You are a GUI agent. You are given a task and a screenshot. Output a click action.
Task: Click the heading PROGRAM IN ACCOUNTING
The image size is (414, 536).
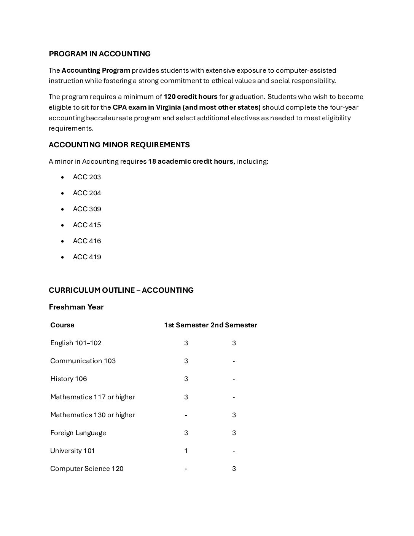(100, 54)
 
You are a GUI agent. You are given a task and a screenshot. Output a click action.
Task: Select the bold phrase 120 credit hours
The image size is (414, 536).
(191, 97)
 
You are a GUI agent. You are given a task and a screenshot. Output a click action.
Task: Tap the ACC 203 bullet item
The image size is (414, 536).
(87, 177)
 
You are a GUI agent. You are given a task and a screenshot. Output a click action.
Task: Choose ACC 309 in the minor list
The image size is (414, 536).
(87, 209)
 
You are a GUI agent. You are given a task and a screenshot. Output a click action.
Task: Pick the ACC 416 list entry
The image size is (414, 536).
(87, 241)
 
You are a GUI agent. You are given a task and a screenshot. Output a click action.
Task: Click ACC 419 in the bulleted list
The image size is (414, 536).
(87, 257)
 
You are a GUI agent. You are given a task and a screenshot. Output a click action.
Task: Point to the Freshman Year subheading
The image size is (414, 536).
(76, 307)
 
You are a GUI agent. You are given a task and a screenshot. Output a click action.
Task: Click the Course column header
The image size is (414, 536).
(62, 325)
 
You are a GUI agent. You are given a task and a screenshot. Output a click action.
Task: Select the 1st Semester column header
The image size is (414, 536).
(186, 325)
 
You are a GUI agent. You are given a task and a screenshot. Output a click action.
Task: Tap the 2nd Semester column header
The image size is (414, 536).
(234, 325)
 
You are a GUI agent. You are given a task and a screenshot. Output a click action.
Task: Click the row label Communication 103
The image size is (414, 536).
(83, 361)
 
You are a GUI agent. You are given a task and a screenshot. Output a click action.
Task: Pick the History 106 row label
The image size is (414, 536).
(68, 379)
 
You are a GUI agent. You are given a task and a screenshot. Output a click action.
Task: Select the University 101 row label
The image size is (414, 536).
(73, 451)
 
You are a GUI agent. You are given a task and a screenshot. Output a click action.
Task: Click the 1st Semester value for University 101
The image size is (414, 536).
(186, 451)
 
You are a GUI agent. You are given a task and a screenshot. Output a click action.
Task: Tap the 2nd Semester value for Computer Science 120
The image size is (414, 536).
(234, 469)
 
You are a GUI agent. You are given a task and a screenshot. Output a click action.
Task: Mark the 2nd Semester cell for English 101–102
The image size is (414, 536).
(234, 343)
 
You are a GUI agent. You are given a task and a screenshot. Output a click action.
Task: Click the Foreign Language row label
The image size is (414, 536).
(78, 433)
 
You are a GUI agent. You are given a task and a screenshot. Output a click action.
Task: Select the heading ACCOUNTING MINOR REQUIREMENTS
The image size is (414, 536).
(119, 145)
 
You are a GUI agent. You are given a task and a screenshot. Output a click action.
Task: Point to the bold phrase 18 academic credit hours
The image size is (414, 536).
(191, 161)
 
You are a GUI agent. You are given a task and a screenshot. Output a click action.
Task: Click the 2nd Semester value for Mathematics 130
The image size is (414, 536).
(234, 415)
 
